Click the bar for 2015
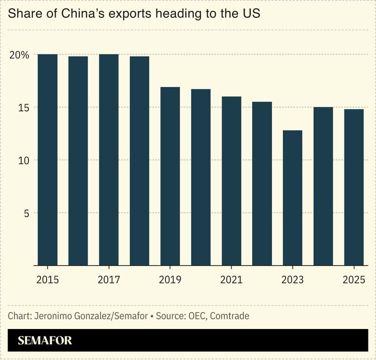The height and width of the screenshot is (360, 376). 48,160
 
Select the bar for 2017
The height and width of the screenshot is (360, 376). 109,160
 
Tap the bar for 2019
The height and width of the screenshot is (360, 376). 170,176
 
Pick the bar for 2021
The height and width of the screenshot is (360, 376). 232,181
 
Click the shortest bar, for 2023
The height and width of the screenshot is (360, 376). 293,198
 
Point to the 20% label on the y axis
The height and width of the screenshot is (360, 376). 19,55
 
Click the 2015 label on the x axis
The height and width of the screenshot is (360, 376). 48,280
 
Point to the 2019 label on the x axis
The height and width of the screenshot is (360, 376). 170,280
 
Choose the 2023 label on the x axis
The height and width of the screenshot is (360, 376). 293,280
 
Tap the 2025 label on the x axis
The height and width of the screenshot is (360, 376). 354,280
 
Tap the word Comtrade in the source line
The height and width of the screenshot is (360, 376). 230,316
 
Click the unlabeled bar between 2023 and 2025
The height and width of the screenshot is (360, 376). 323,186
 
